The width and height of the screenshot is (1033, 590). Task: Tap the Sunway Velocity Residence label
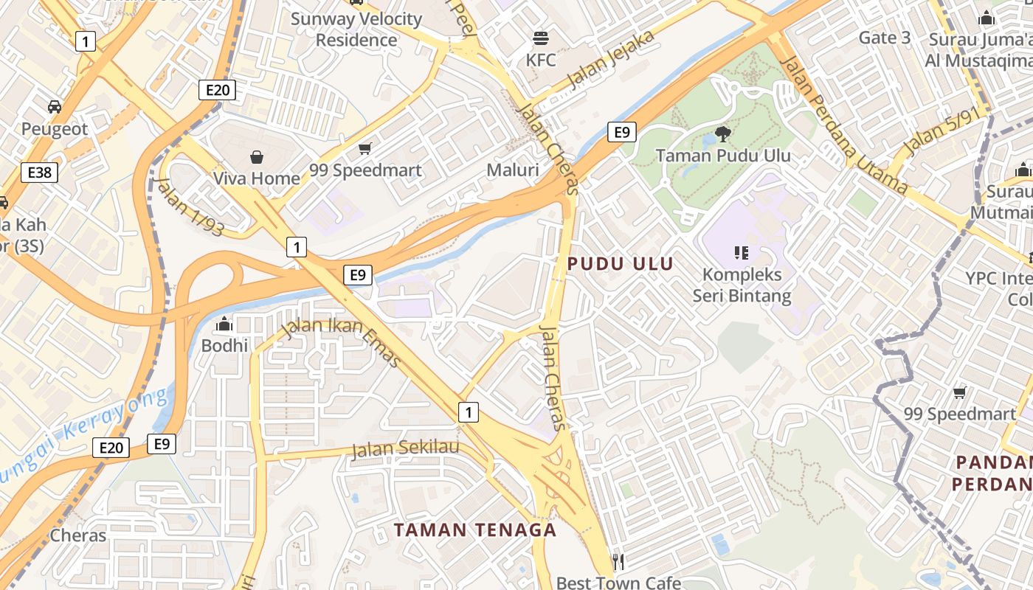356,29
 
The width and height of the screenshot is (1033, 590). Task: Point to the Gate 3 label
885,38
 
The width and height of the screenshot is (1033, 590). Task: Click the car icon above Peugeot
55,107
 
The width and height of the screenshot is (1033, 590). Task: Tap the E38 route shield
39,173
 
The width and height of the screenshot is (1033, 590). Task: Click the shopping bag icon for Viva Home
257,156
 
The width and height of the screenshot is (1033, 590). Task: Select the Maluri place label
513,170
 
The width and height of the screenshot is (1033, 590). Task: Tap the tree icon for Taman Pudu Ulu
723,133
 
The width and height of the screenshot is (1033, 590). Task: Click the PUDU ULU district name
620,264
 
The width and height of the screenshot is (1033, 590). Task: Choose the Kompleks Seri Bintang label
742,285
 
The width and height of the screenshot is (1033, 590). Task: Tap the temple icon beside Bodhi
224,324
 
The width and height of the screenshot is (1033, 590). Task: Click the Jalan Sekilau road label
405,448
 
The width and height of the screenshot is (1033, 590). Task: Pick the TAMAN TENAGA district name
474,530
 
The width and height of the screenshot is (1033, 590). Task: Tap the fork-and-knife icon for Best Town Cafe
618,562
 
